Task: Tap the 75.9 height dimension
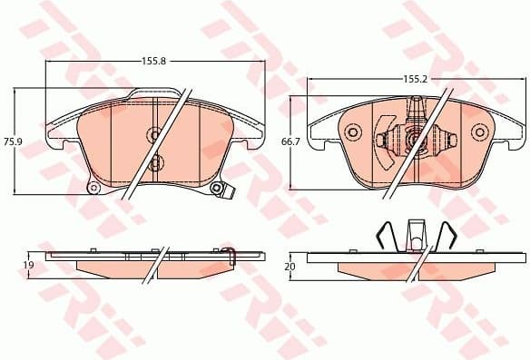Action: (x=12, y=142)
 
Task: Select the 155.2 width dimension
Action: (x=415, y=80)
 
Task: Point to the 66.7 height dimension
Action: (x=291, y=142)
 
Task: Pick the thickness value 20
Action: (x=290, y=267)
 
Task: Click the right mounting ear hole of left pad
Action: (x=216, y=189)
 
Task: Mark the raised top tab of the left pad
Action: (x=154, y=92)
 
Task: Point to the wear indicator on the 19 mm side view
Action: (x=228, y=251)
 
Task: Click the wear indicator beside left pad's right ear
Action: (x=229, y=191)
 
